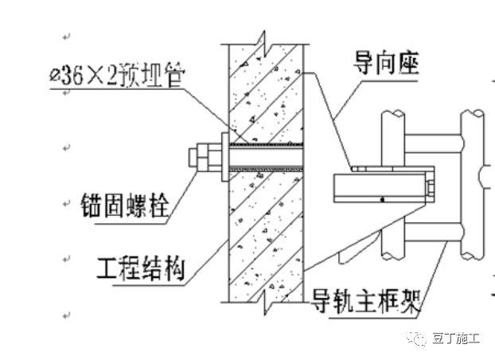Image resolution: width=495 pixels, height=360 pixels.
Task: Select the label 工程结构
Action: (140, 268)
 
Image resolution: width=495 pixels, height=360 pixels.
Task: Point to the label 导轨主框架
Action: (365, 303)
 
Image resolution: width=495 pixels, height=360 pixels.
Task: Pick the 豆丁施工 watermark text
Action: (456, 338)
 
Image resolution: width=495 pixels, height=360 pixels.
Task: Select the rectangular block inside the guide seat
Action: (380, 189)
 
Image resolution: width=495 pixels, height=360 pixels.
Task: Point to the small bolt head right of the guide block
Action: (429, 189)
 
